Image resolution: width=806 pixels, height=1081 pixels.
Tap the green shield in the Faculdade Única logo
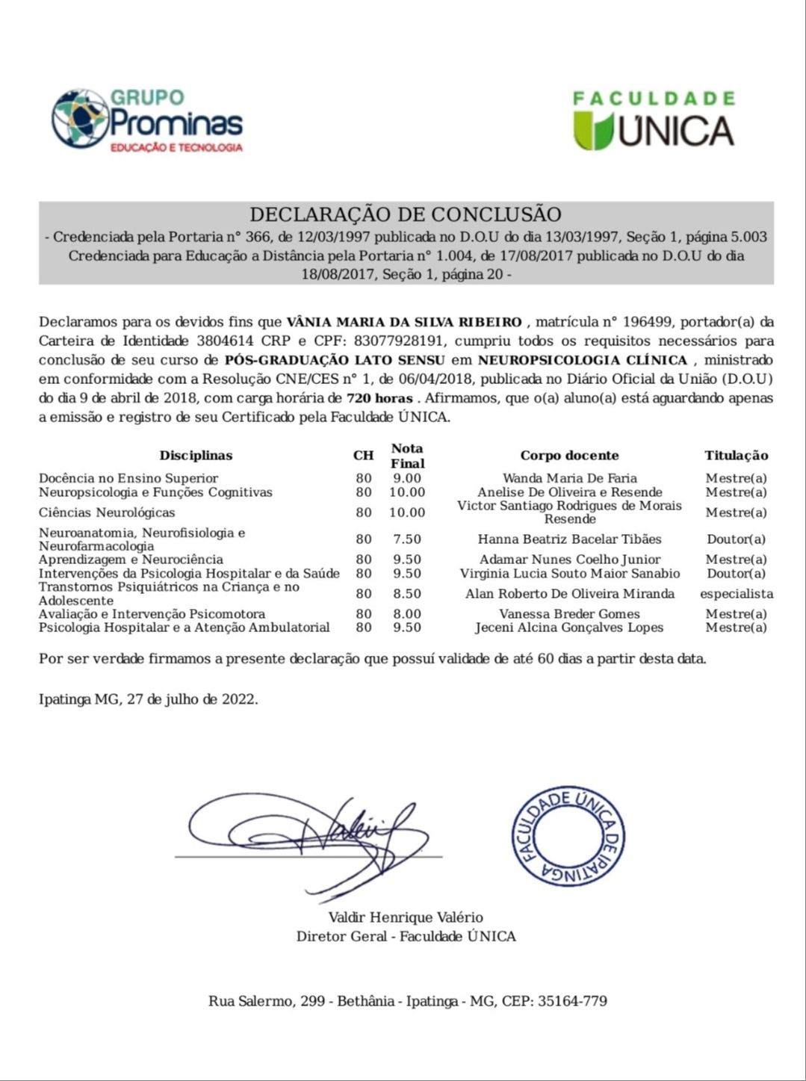click(593, 130)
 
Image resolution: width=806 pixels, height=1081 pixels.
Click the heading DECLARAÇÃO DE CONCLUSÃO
click(406, 215)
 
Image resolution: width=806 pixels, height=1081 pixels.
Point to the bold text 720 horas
click(379, 398)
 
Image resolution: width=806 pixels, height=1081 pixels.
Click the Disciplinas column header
click(196, 456)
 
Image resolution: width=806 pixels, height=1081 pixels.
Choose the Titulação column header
click(736, 456)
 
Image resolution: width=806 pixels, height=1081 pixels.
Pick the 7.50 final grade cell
click(407, 539)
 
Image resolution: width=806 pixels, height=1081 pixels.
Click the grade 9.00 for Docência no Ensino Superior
click(407, 479)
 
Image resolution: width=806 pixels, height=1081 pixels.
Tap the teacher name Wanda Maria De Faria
click(569, 479)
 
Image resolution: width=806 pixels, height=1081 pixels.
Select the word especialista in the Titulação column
click(736, 594)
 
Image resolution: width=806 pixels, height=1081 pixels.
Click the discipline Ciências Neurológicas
click(107, 512)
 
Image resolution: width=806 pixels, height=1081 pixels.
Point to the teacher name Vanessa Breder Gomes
click(569, 614)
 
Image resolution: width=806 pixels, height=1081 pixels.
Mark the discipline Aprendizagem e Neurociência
click(131, 560)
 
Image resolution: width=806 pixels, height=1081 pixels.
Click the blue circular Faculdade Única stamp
click(568, 836)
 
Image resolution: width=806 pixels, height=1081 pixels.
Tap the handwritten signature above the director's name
click(314, 837)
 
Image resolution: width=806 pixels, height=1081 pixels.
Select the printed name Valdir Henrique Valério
click(406, 917)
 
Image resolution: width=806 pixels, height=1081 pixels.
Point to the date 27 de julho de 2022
click(191, 700)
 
